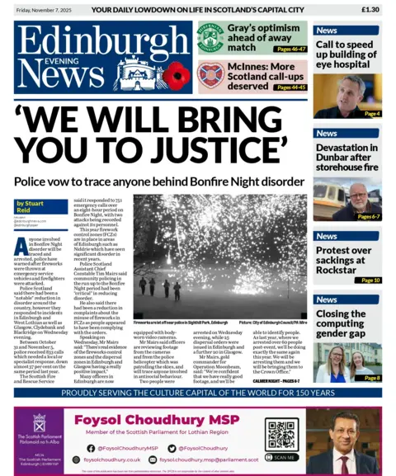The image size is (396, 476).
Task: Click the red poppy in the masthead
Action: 175,77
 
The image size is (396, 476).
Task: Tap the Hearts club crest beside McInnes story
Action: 210,75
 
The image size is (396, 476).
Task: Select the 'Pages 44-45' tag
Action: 290,87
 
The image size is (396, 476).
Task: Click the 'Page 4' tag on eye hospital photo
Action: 371,113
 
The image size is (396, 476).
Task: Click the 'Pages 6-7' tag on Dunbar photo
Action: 369,216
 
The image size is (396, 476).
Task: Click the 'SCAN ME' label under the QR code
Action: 283,457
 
